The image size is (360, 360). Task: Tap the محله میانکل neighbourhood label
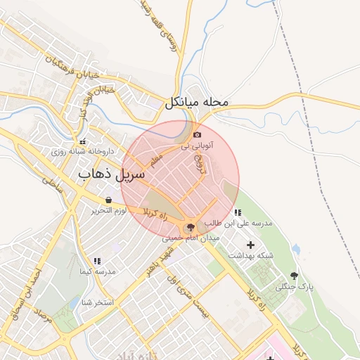click(x=198, y=103)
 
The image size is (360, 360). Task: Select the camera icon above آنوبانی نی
click(x=197, y=134)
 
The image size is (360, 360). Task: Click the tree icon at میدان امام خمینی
click(x=188, y=227)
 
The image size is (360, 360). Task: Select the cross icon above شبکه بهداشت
click(x=251, y=244)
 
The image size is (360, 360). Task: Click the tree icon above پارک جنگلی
click(x=293, y=276)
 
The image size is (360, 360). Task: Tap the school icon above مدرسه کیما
click(x=97, y=261)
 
